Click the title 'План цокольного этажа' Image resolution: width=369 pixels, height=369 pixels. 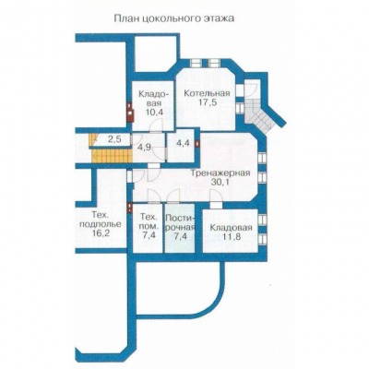(x=174, y=19)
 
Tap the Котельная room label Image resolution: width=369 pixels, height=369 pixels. (x=207, y=93)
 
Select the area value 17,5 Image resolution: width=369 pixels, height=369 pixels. (x=207, y=102)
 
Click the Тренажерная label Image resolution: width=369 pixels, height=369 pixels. (x=220, y=173)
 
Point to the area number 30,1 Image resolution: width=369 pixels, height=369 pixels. (x=220, y=182)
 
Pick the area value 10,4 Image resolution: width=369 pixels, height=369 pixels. (x=154, y=112)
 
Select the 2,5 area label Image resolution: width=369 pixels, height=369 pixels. (x=114, y=139)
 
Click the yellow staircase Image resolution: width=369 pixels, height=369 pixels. (x=112, y=151)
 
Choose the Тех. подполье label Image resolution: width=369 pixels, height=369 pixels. (x=101, y=219)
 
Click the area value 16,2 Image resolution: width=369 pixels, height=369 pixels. (x=101, y=233)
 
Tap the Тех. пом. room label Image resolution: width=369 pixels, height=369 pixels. (x=149, y=222)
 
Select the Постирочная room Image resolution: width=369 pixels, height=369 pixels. (x=180, y=228)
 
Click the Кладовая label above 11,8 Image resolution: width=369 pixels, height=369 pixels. (x=231, y=228)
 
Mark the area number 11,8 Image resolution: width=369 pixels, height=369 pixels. (x=231, y=237)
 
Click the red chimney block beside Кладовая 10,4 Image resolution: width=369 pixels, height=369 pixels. (x=130, y=113)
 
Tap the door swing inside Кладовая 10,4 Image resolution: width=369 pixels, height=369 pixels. (x=157, y=126)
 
